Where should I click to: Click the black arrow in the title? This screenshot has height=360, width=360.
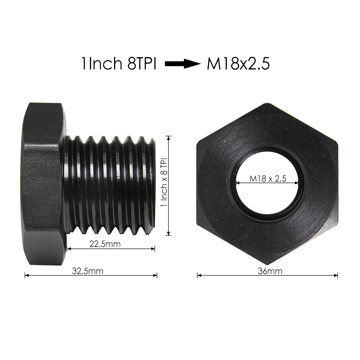[x=182, y=64]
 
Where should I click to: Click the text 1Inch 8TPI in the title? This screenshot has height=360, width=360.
[x=118, y=64]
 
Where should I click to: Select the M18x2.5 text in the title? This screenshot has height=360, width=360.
[x=238, y=64]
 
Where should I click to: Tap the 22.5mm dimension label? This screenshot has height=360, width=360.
[x=105, y=244]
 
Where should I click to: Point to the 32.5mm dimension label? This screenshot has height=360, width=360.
[x=87, y=271]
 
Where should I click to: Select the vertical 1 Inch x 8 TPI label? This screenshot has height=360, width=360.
[x=164, y=184]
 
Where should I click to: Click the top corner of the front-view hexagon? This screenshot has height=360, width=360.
[x=267, y=104]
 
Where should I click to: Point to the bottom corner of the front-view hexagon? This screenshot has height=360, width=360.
[x=267, y=264]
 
